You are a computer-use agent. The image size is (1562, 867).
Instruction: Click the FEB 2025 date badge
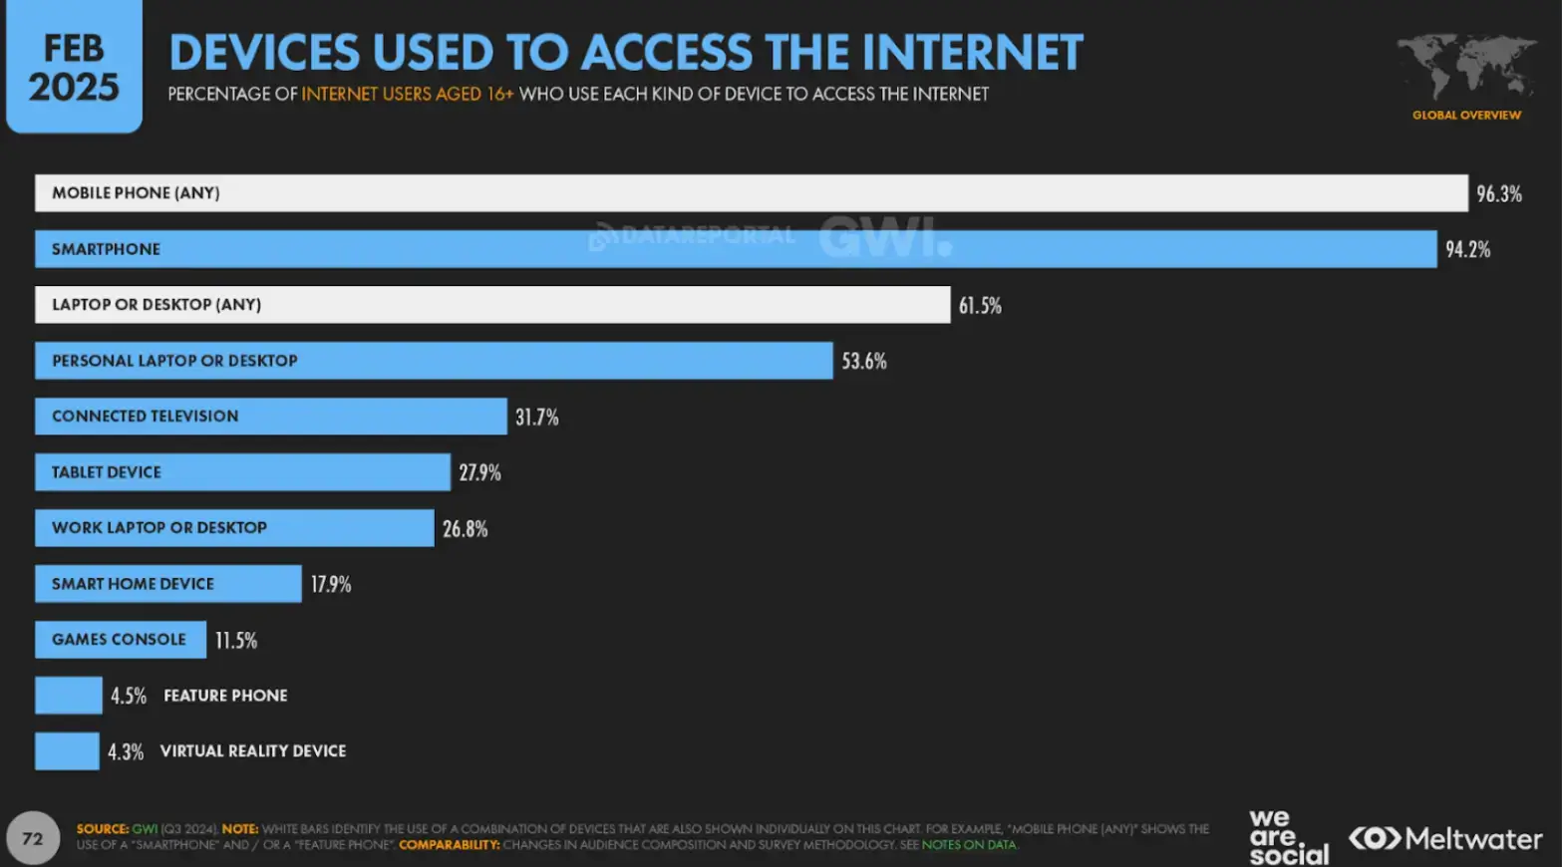click(74, 67)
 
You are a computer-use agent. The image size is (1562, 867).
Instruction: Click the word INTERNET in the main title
click(971, 53)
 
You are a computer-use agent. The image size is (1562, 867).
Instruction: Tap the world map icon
click(1466, 67)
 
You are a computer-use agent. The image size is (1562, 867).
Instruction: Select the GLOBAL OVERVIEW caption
click(1466, 116)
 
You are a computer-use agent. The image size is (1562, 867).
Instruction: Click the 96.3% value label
click(1498, 194)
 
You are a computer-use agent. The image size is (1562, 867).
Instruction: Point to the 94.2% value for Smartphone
click(1467, 250)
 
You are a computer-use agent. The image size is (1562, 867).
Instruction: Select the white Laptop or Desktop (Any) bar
click(492, 305)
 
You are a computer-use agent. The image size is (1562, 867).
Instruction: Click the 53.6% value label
click(863, 362)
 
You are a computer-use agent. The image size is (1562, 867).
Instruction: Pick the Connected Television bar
click(270, 417)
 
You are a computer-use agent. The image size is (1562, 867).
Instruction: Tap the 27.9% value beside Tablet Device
click(479, 473)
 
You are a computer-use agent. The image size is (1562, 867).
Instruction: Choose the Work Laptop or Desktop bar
click(234, 528)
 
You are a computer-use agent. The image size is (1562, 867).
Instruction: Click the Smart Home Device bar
click(167, 584)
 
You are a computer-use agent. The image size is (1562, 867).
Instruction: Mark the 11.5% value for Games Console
click(236, 641)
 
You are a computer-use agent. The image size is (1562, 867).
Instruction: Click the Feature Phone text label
click(225, 696)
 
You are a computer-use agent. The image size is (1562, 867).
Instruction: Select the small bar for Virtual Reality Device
click(67, 751)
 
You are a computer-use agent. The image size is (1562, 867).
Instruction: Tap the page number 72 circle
click(33, 838)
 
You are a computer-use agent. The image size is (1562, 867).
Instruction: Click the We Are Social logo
click(1288, 838)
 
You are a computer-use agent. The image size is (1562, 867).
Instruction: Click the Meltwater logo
click(1444, 839)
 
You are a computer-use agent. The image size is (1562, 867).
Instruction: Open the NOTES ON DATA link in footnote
click(969, 845)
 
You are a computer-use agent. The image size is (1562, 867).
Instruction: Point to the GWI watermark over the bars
click(884, 237)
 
